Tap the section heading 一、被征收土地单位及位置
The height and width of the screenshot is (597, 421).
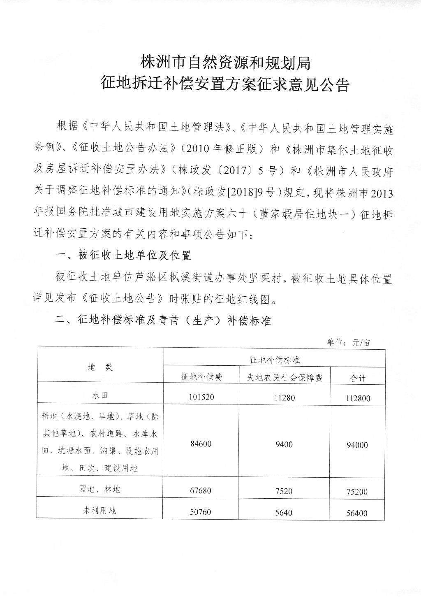click(x=123, y=256)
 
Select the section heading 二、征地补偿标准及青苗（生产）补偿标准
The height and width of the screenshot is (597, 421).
click(x=163, y=321)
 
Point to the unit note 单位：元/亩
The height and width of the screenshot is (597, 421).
click(x=348, y=342)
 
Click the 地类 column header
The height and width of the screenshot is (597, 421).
click(x=100, y=367)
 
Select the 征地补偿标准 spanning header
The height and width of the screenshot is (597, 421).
click(x=275, y=360)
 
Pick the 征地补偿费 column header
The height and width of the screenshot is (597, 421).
click(x=201, y=376)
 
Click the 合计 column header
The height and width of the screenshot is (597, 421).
click(x=358, y=378)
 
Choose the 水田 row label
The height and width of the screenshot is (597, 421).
click(x=100, y=396)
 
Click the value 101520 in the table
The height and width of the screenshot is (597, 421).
click(x=201, y=397)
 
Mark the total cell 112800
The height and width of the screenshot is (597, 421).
click(x=357, y=398)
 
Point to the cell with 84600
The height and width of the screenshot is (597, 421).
click(x=201, y=445)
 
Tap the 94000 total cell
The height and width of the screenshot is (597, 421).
click(x=357, y=445)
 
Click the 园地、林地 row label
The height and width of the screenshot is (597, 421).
click(x=100, y=489)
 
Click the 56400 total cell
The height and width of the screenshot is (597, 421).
click(x=357, y=513)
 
